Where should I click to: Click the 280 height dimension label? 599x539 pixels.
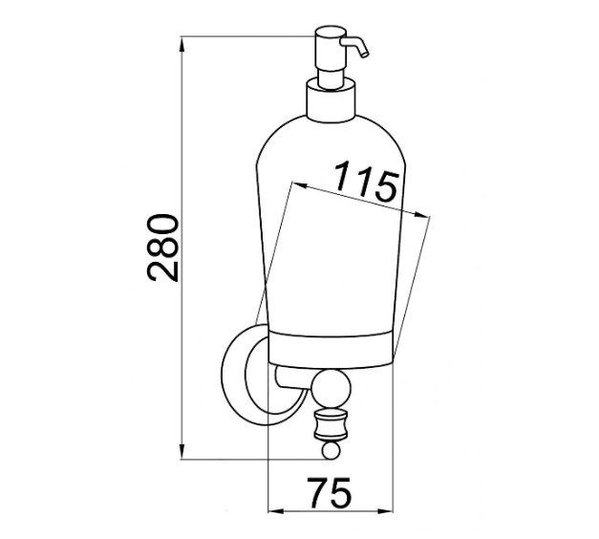[162, 248]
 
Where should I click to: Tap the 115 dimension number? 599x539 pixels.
[366, 181]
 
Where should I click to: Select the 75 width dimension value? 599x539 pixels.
[331, 492]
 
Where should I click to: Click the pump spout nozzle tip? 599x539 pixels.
[364, 54]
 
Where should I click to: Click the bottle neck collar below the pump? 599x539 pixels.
[331, 100]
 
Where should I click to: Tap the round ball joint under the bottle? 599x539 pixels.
[331, 389]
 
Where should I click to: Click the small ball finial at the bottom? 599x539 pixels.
[331, 449]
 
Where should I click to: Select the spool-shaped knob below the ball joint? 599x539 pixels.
[331, 424]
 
